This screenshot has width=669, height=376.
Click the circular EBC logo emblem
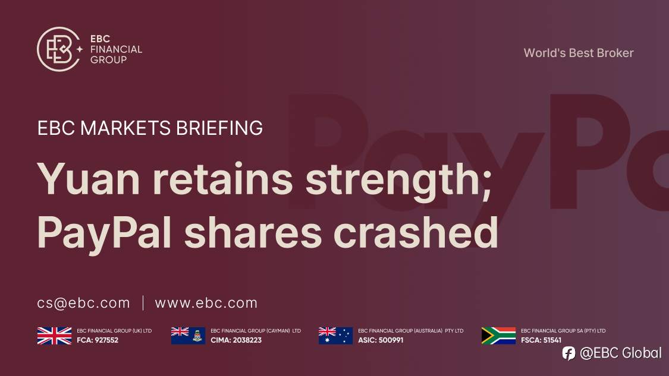tap(58, 49)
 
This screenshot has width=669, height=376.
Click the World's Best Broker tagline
tap(578, 53)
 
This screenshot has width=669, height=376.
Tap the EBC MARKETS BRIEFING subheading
tap(150, 128)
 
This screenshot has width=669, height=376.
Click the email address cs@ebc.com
tap(83, 303)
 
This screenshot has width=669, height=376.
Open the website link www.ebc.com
tap(206, 303)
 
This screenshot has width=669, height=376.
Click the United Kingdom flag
tap(54, 336)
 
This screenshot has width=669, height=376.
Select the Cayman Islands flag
tap(188, 336)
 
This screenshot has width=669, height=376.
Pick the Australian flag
tap(335, 336)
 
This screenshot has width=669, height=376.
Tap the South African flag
tap(498, 336)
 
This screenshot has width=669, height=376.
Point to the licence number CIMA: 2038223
tap(236, 340)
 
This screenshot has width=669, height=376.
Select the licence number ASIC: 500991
tap(381, 340)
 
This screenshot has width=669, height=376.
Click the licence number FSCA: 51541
tap(541, 340)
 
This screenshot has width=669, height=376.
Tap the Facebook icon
tap(569, 353)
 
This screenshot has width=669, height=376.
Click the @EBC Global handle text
tap(620, 353)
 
